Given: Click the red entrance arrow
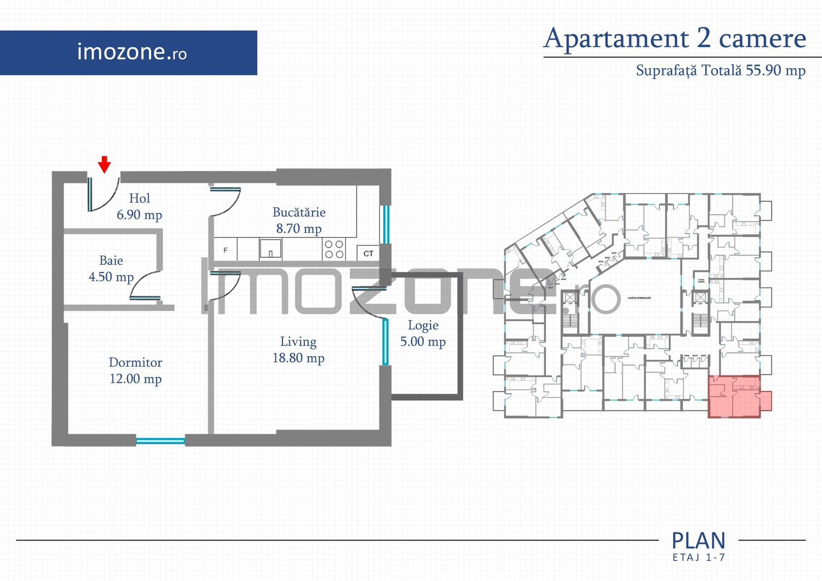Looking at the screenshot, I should pyautogui.click(x=104, y=164).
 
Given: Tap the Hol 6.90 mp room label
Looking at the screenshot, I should pyautogui.click(x=139, y=207).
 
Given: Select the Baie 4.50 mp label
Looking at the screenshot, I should pyautogui.click(x=111, y=269).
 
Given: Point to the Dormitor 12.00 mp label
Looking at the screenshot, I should pyautogui.click(x=136, y=371).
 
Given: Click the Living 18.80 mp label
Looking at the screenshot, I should pyautogui.click(x=298, y=350).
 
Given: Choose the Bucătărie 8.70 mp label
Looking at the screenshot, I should pyautogui.click(x=299, y=221).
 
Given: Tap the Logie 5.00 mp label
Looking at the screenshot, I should pyautogui.click(x=423, y=334).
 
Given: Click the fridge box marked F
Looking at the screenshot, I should pyautogui.click(x=225, y=250).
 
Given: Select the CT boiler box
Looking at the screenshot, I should pyautogui.click(x=369, y=253).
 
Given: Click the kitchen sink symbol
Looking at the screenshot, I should pyautogui.click(x=270, y=249).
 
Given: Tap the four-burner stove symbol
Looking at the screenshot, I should pyautogui.click(x=334, y=249).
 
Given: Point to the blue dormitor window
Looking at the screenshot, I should pyautogui.click(x=160, y=441).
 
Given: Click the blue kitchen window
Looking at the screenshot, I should pyautogui.click(x=385, y=224).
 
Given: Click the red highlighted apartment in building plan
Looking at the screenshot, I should pyautogui.click(x=734, y=397).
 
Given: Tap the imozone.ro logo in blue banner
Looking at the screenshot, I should pyautogui.click(x=132, y=52).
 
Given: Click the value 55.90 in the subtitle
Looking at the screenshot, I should pyautogui.click(x=763, y=70).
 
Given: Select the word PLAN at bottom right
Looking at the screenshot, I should pyautogui.click(x=698, y=540).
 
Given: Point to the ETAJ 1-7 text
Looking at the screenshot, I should pyautogui.click(x=698, y=557).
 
